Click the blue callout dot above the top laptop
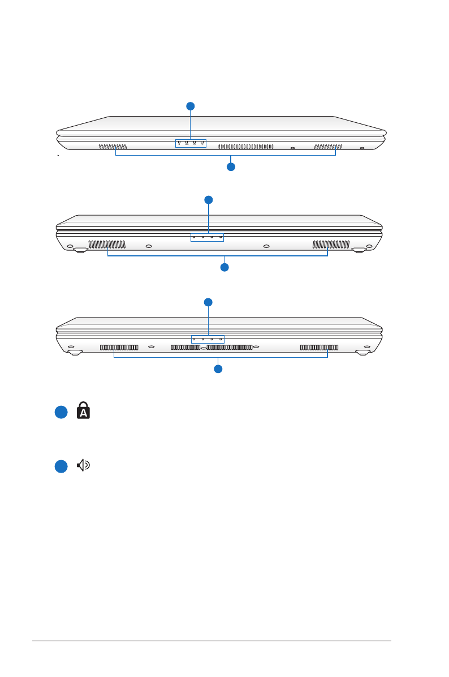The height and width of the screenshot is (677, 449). click(191, 106)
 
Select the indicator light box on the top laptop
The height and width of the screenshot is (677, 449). click(191, 143)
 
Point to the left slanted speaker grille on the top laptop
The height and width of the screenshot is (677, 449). click(113, 147)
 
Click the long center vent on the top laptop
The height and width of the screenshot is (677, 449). click(245, 147)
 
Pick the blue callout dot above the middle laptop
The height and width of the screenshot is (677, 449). click(209, 199)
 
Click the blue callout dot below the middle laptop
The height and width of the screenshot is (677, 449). click(225, 267)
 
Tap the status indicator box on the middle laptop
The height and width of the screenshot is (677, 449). click(207, 237)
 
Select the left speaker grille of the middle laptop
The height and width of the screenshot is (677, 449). click(107, 245)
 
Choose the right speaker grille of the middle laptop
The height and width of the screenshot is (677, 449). click(331, 245)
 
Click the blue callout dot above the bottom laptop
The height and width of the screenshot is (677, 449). click(208, 302)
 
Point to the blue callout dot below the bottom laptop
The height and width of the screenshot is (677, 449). click(218, 369)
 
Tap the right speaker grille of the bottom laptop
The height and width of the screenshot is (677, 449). click(320, 347)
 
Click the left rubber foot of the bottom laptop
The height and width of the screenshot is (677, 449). click(75, 352)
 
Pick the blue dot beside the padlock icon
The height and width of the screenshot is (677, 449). click(62, 413)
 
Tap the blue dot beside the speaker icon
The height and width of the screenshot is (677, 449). click(62, 466)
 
